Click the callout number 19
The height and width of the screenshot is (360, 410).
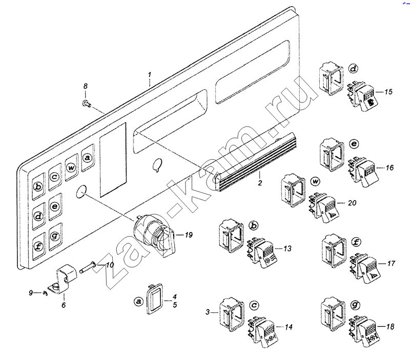point(189,235)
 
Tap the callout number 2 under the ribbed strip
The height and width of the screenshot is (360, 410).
point(260,182)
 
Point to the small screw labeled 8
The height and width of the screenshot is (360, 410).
point(86,104)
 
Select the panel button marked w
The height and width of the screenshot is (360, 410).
point(71,166)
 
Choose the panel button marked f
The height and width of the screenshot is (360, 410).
point(38,244)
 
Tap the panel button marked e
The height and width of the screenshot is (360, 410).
point(55,206)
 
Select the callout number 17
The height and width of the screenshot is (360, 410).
point(391,264)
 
